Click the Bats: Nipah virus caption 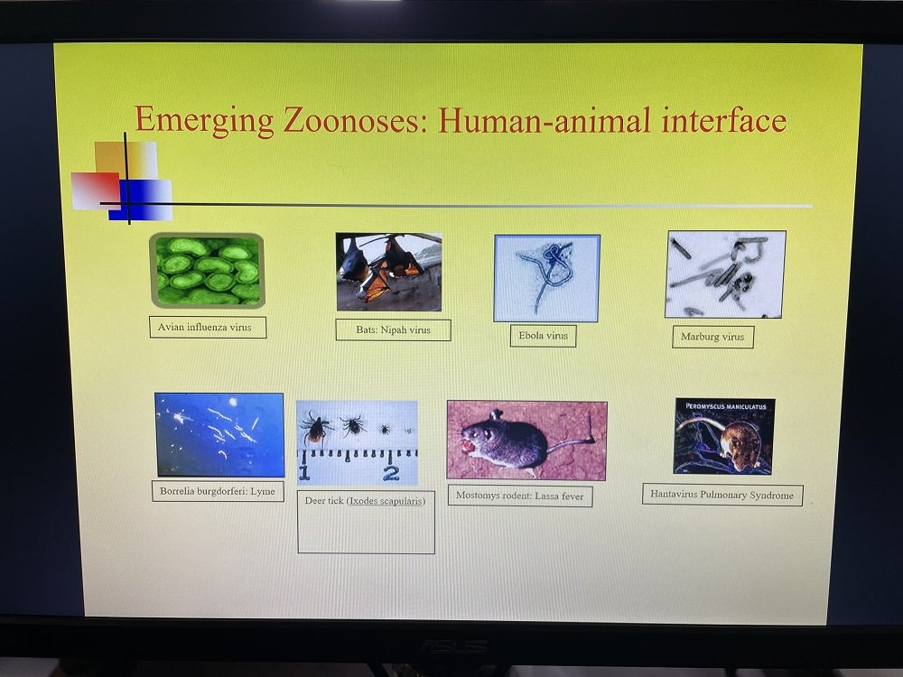(x=394, y=329)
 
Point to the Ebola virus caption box (x=543, y=336)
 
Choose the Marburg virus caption (x=713, y=337)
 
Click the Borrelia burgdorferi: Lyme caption (x=219, y=491)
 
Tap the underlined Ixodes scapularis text (x=386, y=501)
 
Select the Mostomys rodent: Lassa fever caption (x=520, y=495)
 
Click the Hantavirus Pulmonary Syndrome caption (x=722, y=495)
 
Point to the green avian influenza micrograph (x=207, y=270)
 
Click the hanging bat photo (x=388, y=272)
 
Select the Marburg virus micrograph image (x=725, y=274)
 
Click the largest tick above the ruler (x=314, y=428)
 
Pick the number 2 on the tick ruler (x=391, y=473)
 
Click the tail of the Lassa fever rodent (x=569, y=440)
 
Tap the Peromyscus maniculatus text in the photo (x=726, y=406)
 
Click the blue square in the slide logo (x=141, y=199)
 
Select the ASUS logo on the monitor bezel (x=452, y=647)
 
